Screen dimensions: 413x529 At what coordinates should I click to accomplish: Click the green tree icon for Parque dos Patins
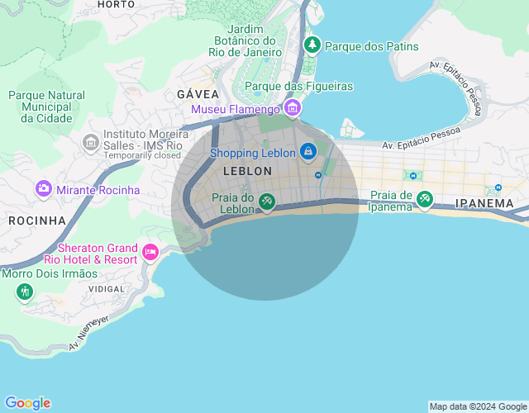click(312, 45)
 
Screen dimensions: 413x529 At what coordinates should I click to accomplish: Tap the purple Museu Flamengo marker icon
click(292, 108)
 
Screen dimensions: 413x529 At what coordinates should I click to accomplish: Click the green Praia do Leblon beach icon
click(266, 201)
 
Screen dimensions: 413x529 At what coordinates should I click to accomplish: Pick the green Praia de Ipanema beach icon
click(424, 199)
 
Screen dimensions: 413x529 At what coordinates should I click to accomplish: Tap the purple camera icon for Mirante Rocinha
click(43, 189)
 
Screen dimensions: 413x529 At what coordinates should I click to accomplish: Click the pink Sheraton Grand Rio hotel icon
click(150, 252)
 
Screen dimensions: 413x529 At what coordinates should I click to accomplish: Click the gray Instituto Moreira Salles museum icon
click(90, 143)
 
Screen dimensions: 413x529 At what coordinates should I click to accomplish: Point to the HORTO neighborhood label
click(116, 4)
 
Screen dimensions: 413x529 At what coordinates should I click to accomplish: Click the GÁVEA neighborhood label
click(198, 94)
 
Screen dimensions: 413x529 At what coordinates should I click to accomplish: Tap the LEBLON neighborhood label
click(247, 171)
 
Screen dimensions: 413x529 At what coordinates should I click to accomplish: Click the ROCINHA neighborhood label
click(36, 221)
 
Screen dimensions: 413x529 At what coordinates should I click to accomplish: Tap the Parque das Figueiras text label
click(298, 86)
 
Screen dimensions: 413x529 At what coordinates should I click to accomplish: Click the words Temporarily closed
click(141, 154)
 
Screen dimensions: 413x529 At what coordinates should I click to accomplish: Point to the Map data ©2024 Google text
click(477, 406)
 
